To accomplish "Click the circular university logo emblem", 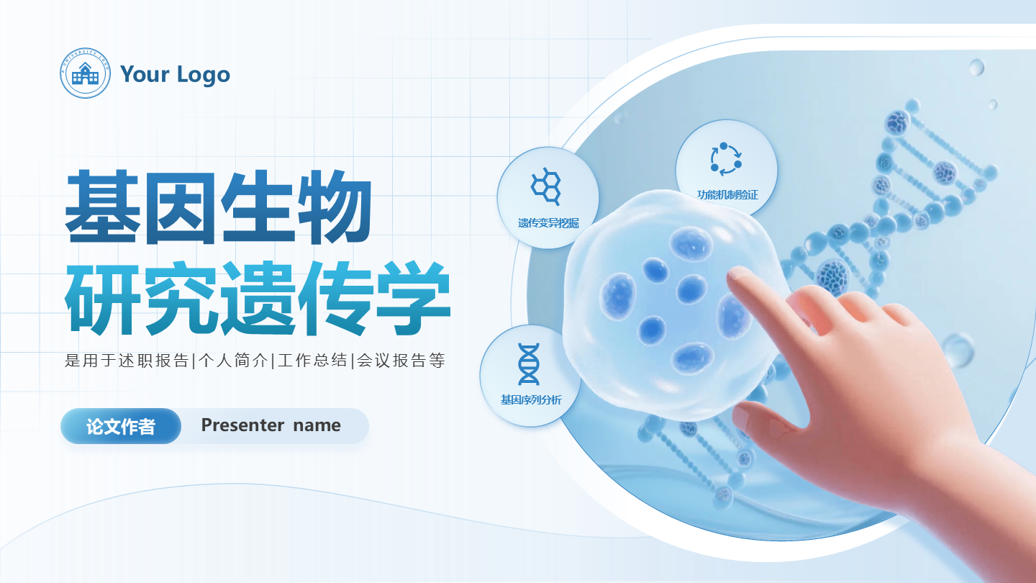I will [86, 73].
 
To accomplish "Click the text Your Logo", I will [175, 74].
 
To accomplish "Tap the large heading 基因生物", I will [219, 208].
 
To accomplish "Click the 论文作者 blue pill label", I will [121, 426].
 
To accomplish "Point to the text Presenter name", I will [271, 425].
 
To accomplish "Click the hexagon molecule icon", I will [547, 184].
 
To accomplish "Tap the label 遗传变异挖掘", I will [548, 223].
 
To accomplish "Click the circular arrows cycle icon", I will [726, 158].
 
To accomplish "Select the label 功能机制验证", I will [727, 194].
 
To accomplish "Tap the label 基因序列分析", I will [531, 399].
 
